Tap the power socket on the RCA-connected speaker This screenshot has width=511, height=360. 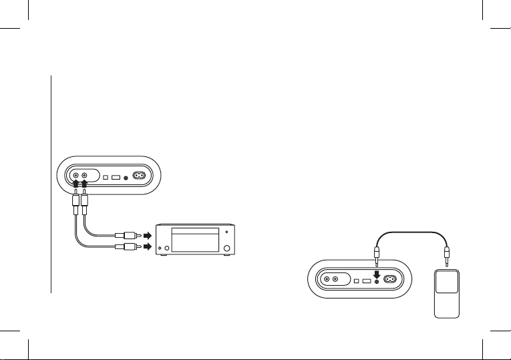point(140,177)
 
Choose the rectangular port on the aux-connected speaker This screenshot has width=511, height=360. point(366,280)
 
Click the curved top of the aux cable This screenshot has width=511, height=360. point(411,232)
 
